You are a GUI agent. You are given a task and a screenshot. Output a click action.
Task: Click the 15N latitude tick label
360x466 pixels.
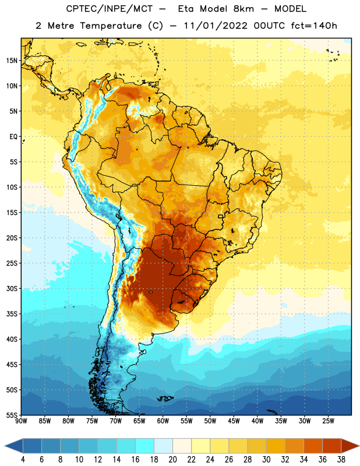(x=12, y=61)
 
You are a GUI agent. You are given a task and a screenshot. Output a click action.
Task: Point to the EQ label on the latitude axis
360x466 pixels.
(x=13, y=137)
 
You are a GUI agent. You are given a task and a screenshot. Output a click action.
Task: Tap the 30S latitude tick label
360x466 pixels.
(x=12, y=288)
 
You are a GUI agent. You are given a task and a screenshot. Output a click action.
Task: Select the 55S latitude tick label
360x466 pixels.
(x=12, y=415)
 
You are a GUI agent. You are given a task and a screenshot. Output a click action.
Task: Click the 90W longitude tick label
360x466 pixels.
(x=21, y=421)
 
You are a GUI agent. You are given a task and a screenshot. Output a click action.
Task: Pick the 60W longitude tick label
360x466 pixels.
(x=163, y=421)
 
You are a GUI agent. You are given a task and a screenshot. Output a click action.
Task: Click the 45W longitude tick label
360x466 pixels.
(x=234, y=421)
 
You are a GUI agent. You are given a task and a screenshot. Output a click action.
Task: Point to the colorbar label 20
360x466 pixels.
(x=172, y=460)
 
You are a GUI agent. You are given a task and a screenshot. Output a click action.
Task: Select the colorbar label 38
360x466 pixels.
(x=341, y=460)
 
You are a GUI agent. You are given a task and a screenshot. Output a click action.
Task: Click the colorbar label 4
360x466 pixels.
(x=23, y=460)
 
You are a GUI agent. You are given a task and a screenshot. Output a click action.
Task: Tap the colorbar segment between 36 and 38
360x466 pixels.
(x=332, y=446)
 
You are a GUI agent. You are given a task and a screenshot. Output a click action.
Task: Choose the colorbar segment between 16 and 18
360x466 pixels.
(x=145, y=446)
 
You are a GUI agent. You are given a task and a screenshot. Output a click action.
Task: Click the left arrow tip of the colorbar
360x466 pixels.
(x=5, y=446)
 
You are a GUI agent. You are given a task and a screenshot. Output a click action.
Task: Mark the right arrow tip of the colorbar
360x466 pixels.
(x=359, y=446)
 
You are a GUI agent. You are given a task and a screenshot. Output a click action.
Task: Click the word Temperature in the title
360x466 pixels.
(x=111, y=26)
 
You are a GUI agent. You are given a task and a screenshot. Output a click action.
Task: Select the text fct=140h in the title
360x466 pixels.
(x=314, y=26)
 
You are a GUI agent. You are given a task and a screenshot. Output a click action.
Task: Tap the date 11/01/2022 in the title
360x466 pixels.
(x=216, y=26)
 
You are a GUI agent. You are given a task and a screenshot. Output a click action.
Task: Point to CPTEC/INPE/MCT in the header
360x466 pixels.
(x=109, y=9)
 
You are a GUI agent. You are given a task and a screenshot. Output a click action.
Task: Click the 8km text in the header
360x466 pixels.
(x=243, y=9)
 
